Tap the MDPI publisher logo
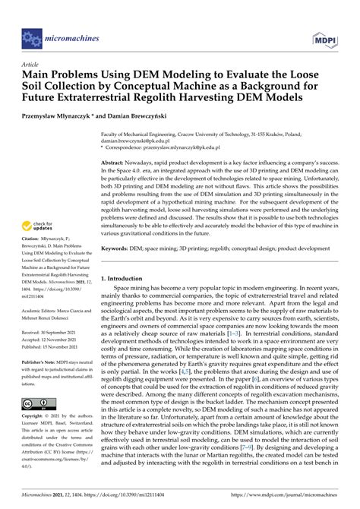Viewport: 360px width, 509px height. pos(324,37)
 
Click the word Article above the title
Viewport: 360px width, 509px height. pos(30,65)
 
